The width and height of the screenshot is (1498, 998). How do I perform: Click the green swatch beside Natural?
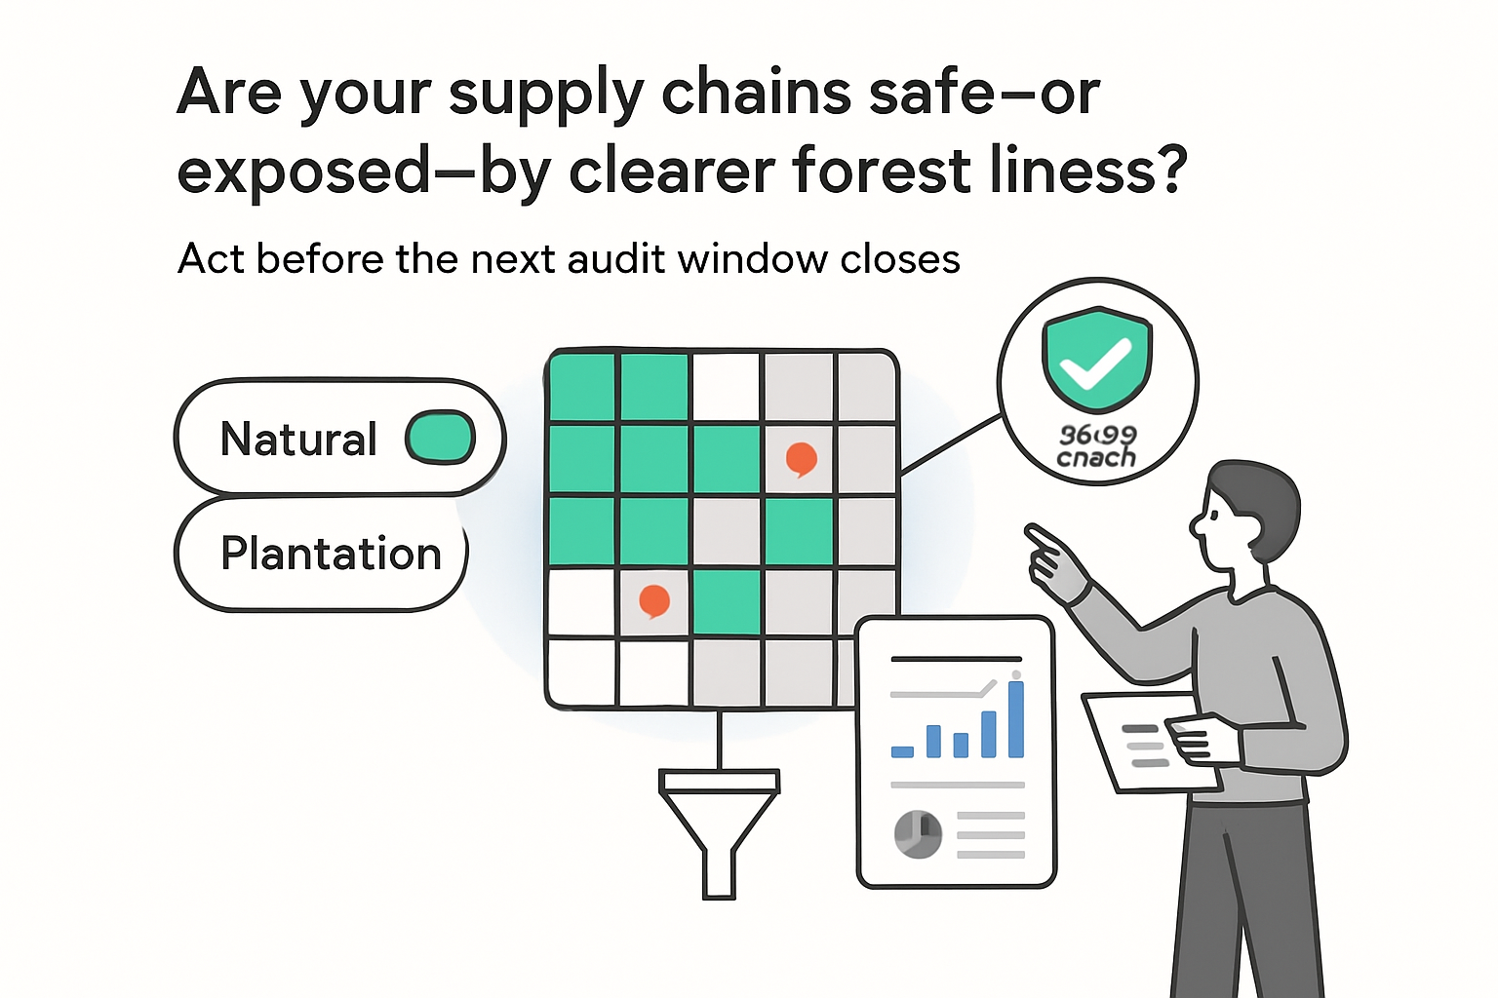coord(440,438)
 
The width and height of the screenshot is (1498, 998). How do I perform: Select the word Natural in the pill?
coord(298,440)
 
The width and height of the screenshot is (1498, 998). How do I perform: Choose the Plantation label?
coord(331,554)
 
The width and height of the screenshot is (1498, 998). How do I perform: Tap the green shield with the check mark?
coord(1097,359)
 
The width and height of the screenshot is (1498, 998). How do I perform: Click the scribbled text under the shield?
coord(1097,446)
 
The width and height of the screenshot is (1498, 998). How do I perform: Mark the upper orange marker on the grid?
coord(801,458)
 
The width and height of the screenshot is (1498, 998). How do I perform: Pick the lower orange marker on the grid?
coord(653,600)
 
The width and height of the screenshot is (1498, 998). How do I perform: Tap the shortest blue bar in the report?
coord(902,751)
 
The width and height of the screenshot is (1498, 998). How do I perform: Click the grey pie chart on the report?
coord(918,834)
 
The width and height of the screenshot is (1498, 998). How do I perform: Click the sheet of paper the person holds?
coord(1136,741)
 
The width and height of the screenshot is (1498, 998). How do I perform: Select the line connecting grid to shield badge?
coord(951,444)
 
